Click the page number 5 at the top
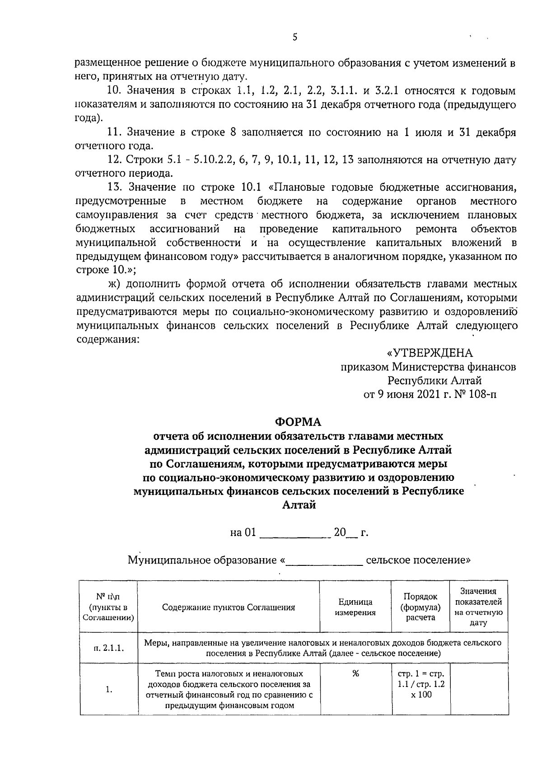coord(294,38)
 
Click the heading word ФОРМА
coord(299,422)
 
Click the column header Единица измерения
coord(355,607)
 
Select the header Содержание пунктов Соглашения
coord(229,607)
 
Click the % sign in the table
coord(355,674)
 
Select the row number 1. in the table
coord(109,690)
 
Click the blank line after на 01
coord(295,533)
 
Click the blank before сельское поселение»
coord(325,561)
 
